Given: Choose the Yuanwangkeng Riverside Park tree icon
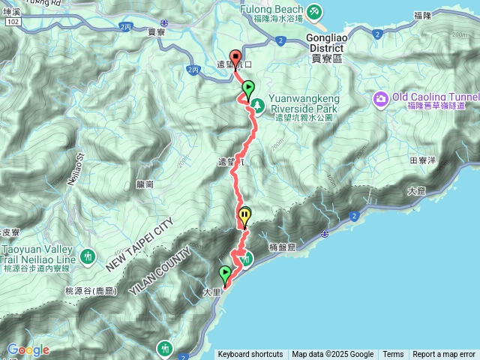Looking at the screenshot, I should pyautogui.click(x=255, y=105).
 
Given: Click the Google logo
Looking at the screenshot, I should pyautogui.click(x=28, y=349).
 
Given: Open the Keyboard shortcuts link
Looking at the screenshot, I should pyautogui.click(x=250, y=355).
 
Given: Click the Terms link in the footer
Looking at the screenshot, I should pyautogui.click(x=393, y=355).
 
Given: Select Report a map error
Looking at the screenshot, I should pyautogui.click(x=443, y=355).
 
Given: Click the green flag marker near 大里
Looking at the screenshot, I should pyautogui.click(x=225, y=273).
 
